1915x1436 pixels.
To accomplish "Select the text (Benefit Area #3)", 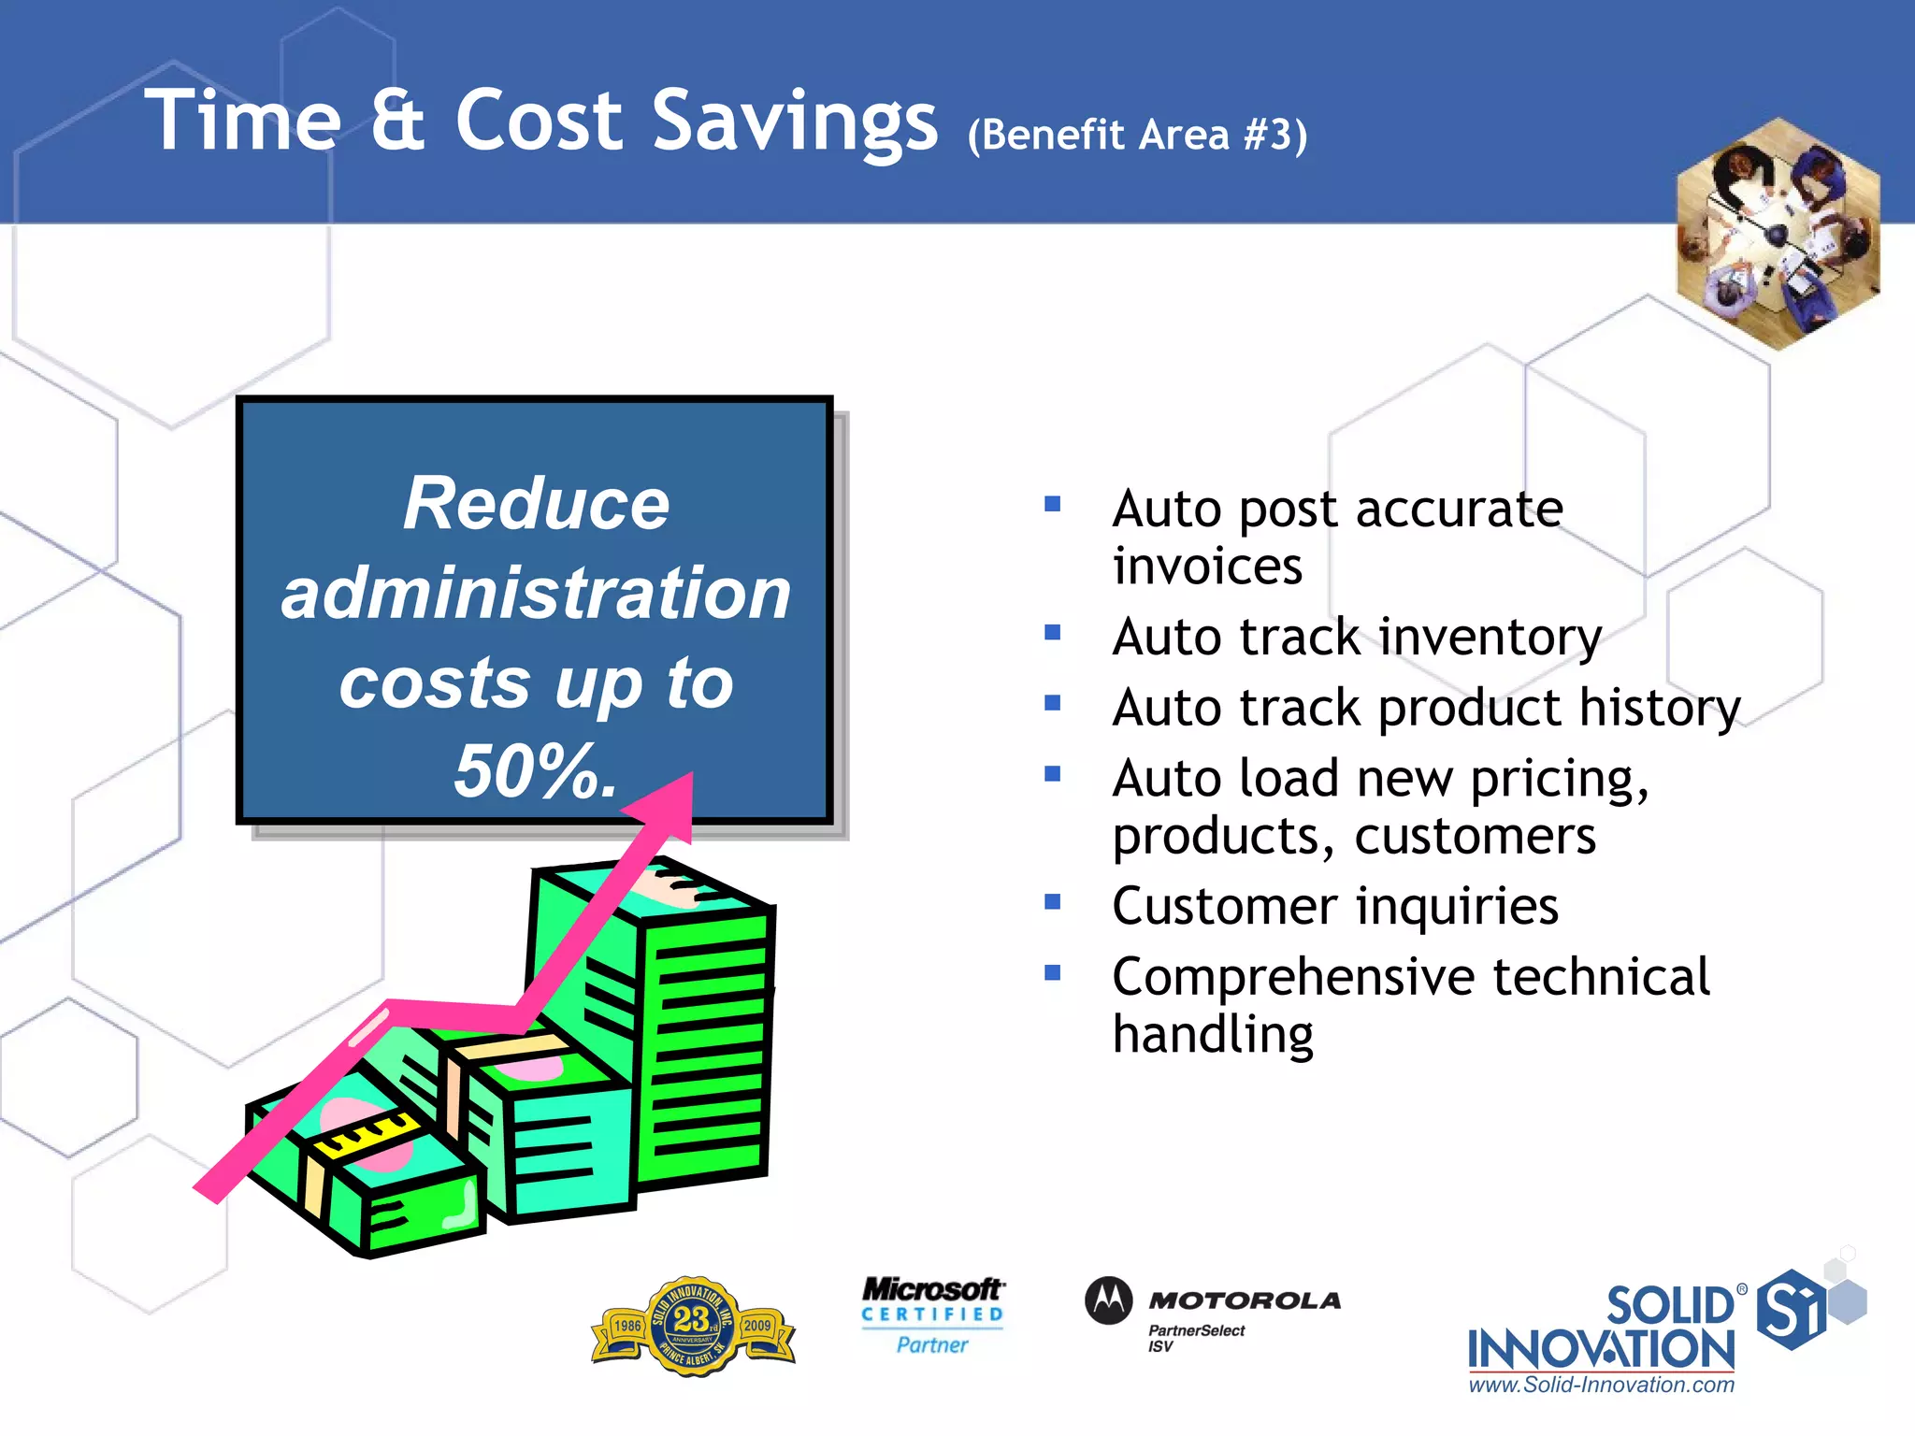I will click(1137, 135).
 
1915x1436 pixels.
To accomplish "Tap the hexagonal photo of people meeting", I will click(1778, 234).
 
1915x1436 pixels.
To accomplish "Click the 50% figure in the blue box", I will click(535, 771).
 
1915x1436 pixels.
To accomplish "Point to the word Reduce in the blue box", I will click(536, 504).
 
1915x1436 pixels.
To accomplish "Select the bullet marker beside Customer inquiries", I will click(1053, 902).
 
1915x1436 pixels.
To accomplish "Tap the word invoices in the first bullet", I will click(1207, 567).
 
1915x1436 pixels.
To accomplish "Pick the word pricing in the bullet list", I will click(1558, 779).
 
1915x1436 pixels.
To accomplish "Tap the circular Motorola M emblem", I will click(1109, 1300).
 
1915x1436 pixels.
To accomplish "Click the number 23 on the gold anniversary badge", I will click(691, 1319).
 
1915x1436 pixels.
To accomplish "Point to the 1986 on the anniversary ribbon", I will click(627, 1326).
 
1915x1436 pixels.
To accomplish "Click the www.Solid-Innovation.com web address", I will click(1601, 1385).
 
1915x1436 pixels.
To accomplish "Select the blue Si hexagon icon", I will click(1790, 1309).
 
